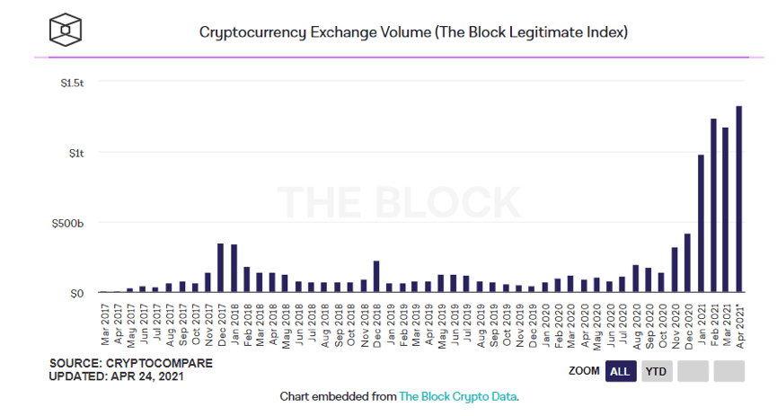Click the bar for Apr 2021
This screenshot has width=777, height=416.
pyautogui.click(x=739, y=199)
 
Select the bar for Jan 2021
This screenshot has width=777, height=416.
pyautogui.click(x=701, y=223)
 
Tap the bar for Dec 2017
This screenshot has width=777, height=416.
pyautogui.click(x=220, y=267)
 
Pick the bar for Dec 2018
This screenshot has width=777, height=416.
pyautogui.click(x=376, y=276)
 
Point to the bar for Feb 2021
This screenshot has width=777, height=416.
pyautogui.click(x=713, y=205)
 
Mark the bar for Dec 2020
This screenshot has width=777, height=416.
pyautogui.click(x=687, y=262)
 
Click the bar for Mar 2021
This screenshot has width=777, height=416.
pyautogui.click(x=726, y=209)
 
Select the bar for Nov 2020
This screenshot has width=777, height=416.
pyautogui.click(x=675, y=270)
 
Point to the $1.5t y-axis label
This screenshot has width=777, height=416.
pyautogui.click(x=73, y=84)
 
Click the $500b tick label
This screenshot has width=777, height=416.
pyautogui.click(x=68, y=224)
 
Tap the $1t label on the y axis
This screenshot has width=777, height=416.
pyautogui.click(x=76, y=154)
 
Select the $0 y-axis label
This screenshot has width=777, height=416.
pyautogui.click(x=77, y=294)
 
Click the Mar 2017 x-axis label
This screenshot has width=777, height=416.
pyautogui.click(x=105, y=324)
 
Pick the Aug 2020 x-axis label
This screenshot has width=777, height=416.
pyautogui.click(x=637, y=326)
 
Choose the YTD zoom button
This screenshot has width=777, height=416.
pyautogui.click(x=657, y=371)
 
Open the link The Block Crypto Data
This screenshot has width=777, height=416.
pyautogui.click(x=458, y=396)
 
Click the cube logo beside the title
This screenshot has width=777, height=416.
pyautogui.click(x=66, y=31)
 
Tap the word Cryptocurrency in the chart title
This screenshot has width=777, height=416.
pyautogui.click(x=252, y=32)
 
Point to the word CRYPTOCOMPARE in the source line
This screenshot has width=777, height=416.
pyautogui.click(x=159, y=364)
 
